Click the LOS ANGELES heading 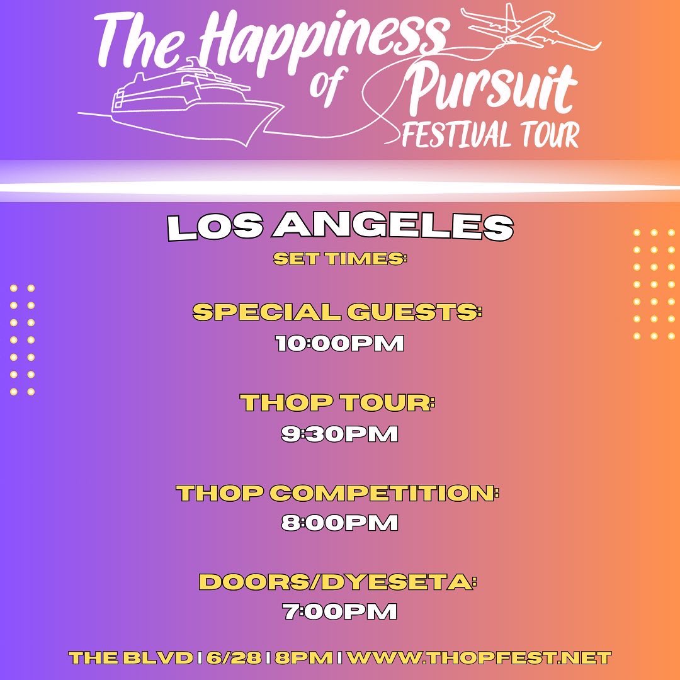click(x=340, y=228)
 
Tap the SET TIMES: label click(x=340, y=259)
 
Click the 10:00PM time click(x=339, y=344)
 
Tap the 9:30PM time click(x=339, y=434)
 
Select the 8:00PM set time click(x=339, y=523)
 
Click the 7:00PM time click(x=339, y=612)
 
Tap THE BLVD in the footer click(x=130, y=659)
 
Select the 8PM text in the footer click(x=304, y=659)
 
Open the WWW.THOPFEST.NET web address click(x=479, y=659)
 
